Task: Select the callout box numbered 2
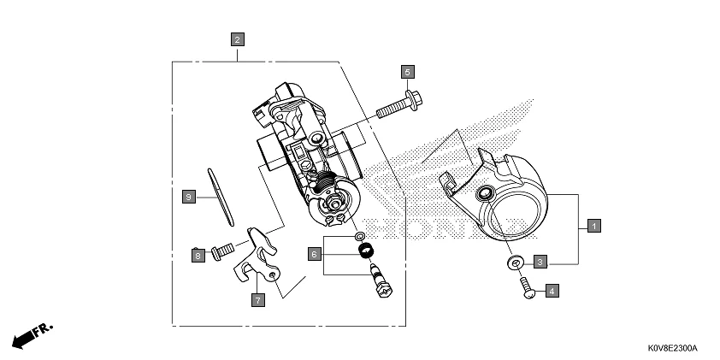coord(237,38)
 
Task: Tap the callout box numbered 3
coord(540,261)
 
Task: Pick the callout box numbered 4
coord(552,292)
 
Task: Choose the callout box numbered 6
coord(315,254)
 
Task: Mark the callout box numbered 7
coord(257,299)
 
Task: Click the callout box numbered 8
coord(198,255)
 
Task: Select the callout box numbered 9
coord(189,197)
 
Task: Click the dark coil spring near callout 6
coord(369,250)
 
